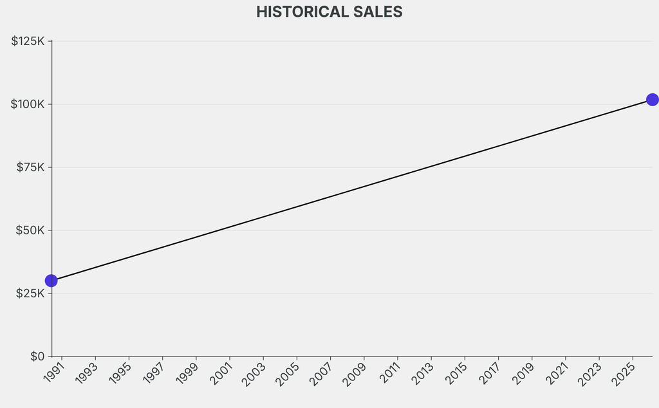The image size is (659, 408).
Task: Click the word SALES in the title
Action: [x=381, y=12]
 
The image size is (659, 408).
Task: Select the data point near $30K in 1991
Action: [x=51, y=281]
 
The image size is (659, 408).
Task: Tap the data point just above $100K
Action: [x=652, y=100]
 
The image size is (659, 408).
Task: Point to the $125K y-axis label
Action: [x=28, y=41]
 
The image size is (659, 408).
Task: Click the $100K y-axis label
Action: [x=28, y=104]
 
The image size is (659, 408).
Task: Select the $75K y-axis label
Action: [x=31, y=167]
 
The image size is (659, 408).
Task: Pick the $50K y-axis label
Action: [x=31, y=230]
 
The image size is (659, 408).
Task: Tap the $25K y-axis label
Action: [x=31, y=293]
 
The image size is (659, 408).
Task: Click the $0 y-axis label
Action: [x=37, y=356]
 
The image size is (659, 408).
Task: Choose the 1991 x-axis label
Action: [x=55, y=373]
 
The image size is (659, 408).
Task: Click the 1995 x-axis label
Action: [x=122, y=373]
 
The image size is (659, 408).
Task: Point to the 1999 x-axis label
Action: [x=189, y=373]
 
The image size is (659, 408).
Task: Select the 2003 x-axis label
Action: [x=255, y=373]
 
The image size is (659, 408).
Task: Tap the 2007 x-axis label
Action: [x=322, y=373]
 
